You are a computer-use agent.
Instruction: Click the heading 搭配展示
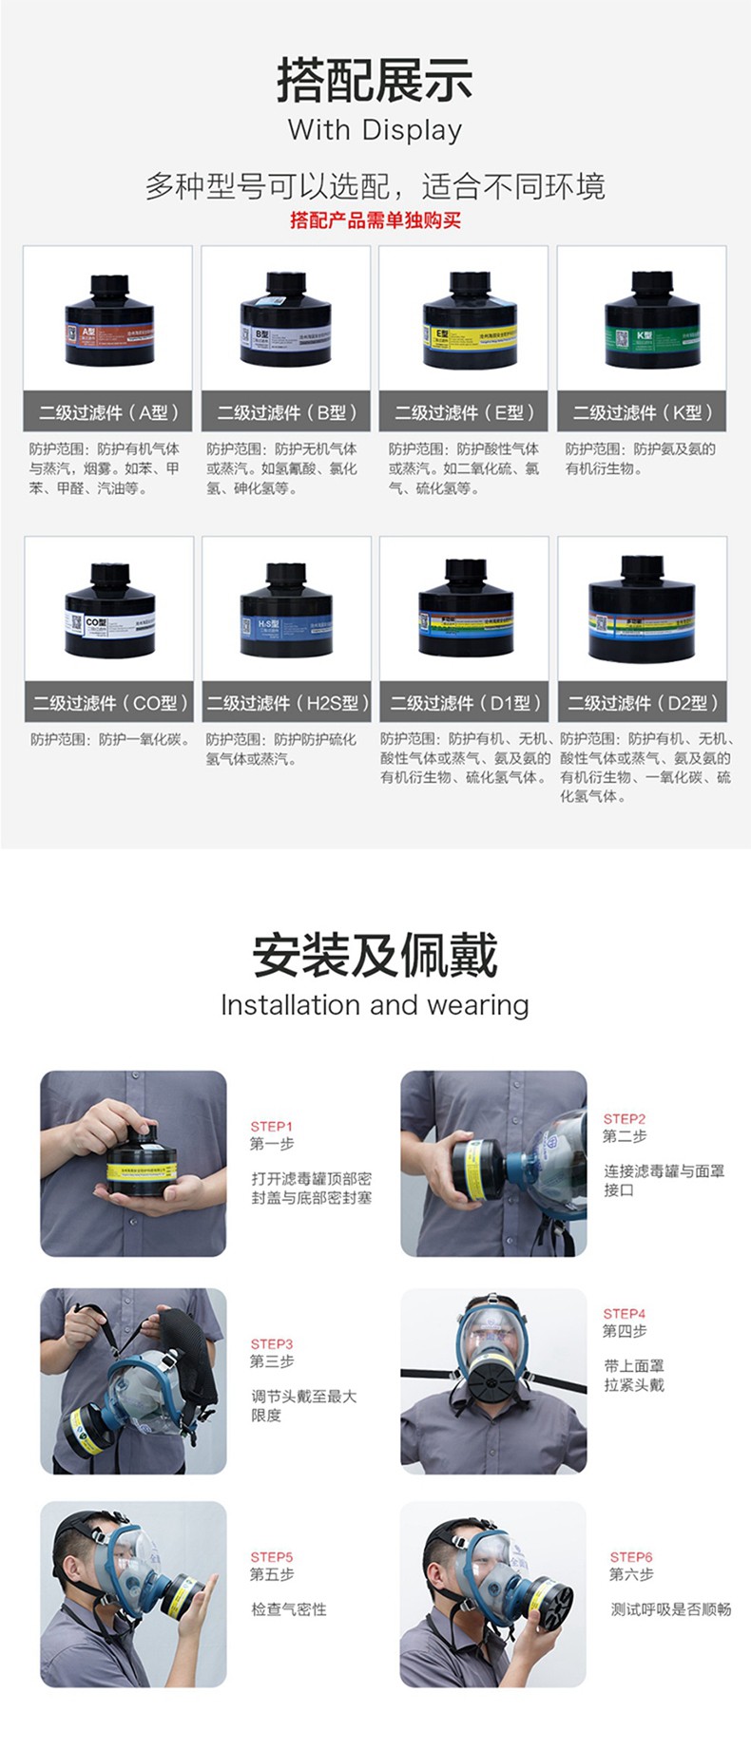click(375, 80)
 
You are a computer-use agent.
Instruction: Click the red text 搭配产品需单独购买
click(375, 220)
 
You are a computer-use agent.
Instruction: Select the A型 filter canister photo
click(108, 321)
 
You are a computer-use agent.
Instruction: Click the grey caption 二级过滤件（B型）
click(286, 412)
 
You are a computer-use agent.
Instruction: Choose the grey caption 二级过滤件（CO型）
click(109, 703)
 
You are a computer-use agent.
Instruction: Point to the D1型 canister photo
click(465, 611)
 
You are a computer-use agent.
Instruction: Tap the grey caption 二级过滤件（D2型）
click(643, 703)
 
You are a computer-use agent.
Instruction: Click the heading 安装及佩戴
click(375, 956)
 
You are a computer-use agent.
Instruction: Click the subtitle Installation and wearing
click(375, 1005)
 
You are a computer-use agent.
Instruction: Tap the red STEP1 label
click(271, 1127)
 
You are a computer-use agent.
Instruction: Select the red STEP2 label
click(625, 1119)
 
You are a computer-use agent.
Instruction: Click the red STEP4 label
click(625, 1314)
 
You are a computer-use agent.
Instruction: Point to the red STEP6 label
click(631, 1557)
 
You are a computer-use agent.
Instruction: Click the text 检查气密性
click(288, 1609)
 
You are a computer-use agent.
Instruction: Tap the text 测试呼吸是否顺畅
click(671, 1609)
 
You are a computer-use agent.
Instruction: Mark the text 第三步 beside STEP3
click(272, 1361)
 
